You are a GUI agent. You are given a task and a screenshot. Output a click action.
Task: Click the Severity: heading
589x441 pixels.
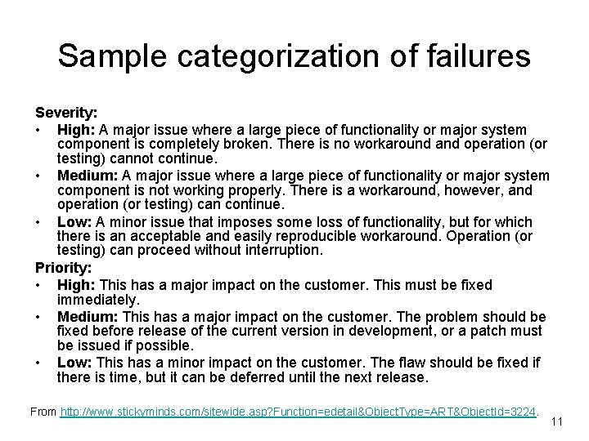coord(65,114)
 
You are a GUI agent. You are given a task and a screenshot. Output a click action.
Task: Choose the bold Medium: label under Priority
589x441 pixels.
coord(86,316)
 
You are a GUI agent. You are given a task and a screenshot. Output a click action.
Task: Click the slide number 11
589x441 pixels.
coord(557,422)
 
